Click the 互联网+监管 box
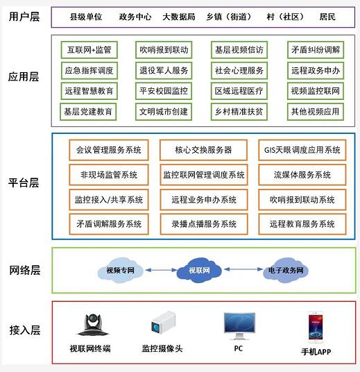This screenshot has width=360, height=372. [89, 50]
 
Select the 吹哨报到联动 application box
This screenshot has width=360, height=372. [164, 50]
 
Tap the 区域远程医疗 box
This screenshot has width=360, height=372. [239, 91]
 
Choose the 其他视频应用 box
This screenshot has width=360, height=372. [316, 112]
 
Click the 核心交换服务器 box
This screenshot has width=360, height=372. [203, 150]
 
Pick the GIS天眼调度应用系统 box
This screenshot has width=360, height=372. [302, 150]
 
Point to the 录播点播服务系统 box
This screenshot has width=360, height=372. [204, 224]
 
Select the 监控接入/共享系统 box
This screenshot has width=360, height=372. [109, 199]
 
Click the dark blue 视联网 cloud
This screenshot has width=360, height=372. [199, 270]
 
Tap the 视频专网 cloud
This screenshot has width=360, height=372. [120, 270]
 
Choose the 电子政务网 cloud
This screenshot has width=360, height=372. [286, 270]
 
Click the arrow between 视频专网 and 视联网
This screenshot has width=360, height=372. [161, 270]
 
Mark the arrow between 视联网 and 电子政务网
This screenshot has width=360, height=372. [243, 269]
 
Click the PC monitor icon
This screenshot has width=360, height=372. [239, 325]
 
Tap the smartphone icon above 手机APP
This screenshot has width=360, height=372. [316, 327]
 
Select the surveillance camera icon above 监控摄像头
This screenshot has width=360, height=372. [164, 323]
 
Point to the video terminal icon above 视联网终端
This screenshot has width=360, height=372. [93, 325]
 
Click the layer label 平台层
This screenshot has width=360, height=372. [24, 183]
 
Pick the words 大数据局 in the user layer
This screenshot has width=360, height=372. [179, 17]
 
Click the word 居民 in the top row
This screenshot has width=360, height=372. [327, 17]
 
